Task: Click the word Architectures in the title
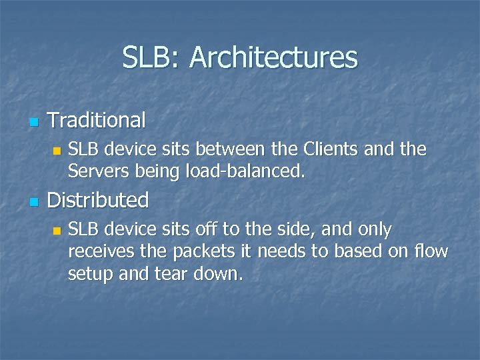pos(273,58)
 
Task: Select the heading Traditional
pos(97,121)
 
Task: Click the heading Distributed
pos(98,200)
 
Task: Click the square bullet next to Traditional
pos(34,122)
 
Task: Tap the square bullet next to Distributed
pos(34,201)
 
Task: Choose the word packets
pos(203,253)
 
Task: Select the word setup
pos(90,275)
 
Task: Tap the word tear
pos(173,275)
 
